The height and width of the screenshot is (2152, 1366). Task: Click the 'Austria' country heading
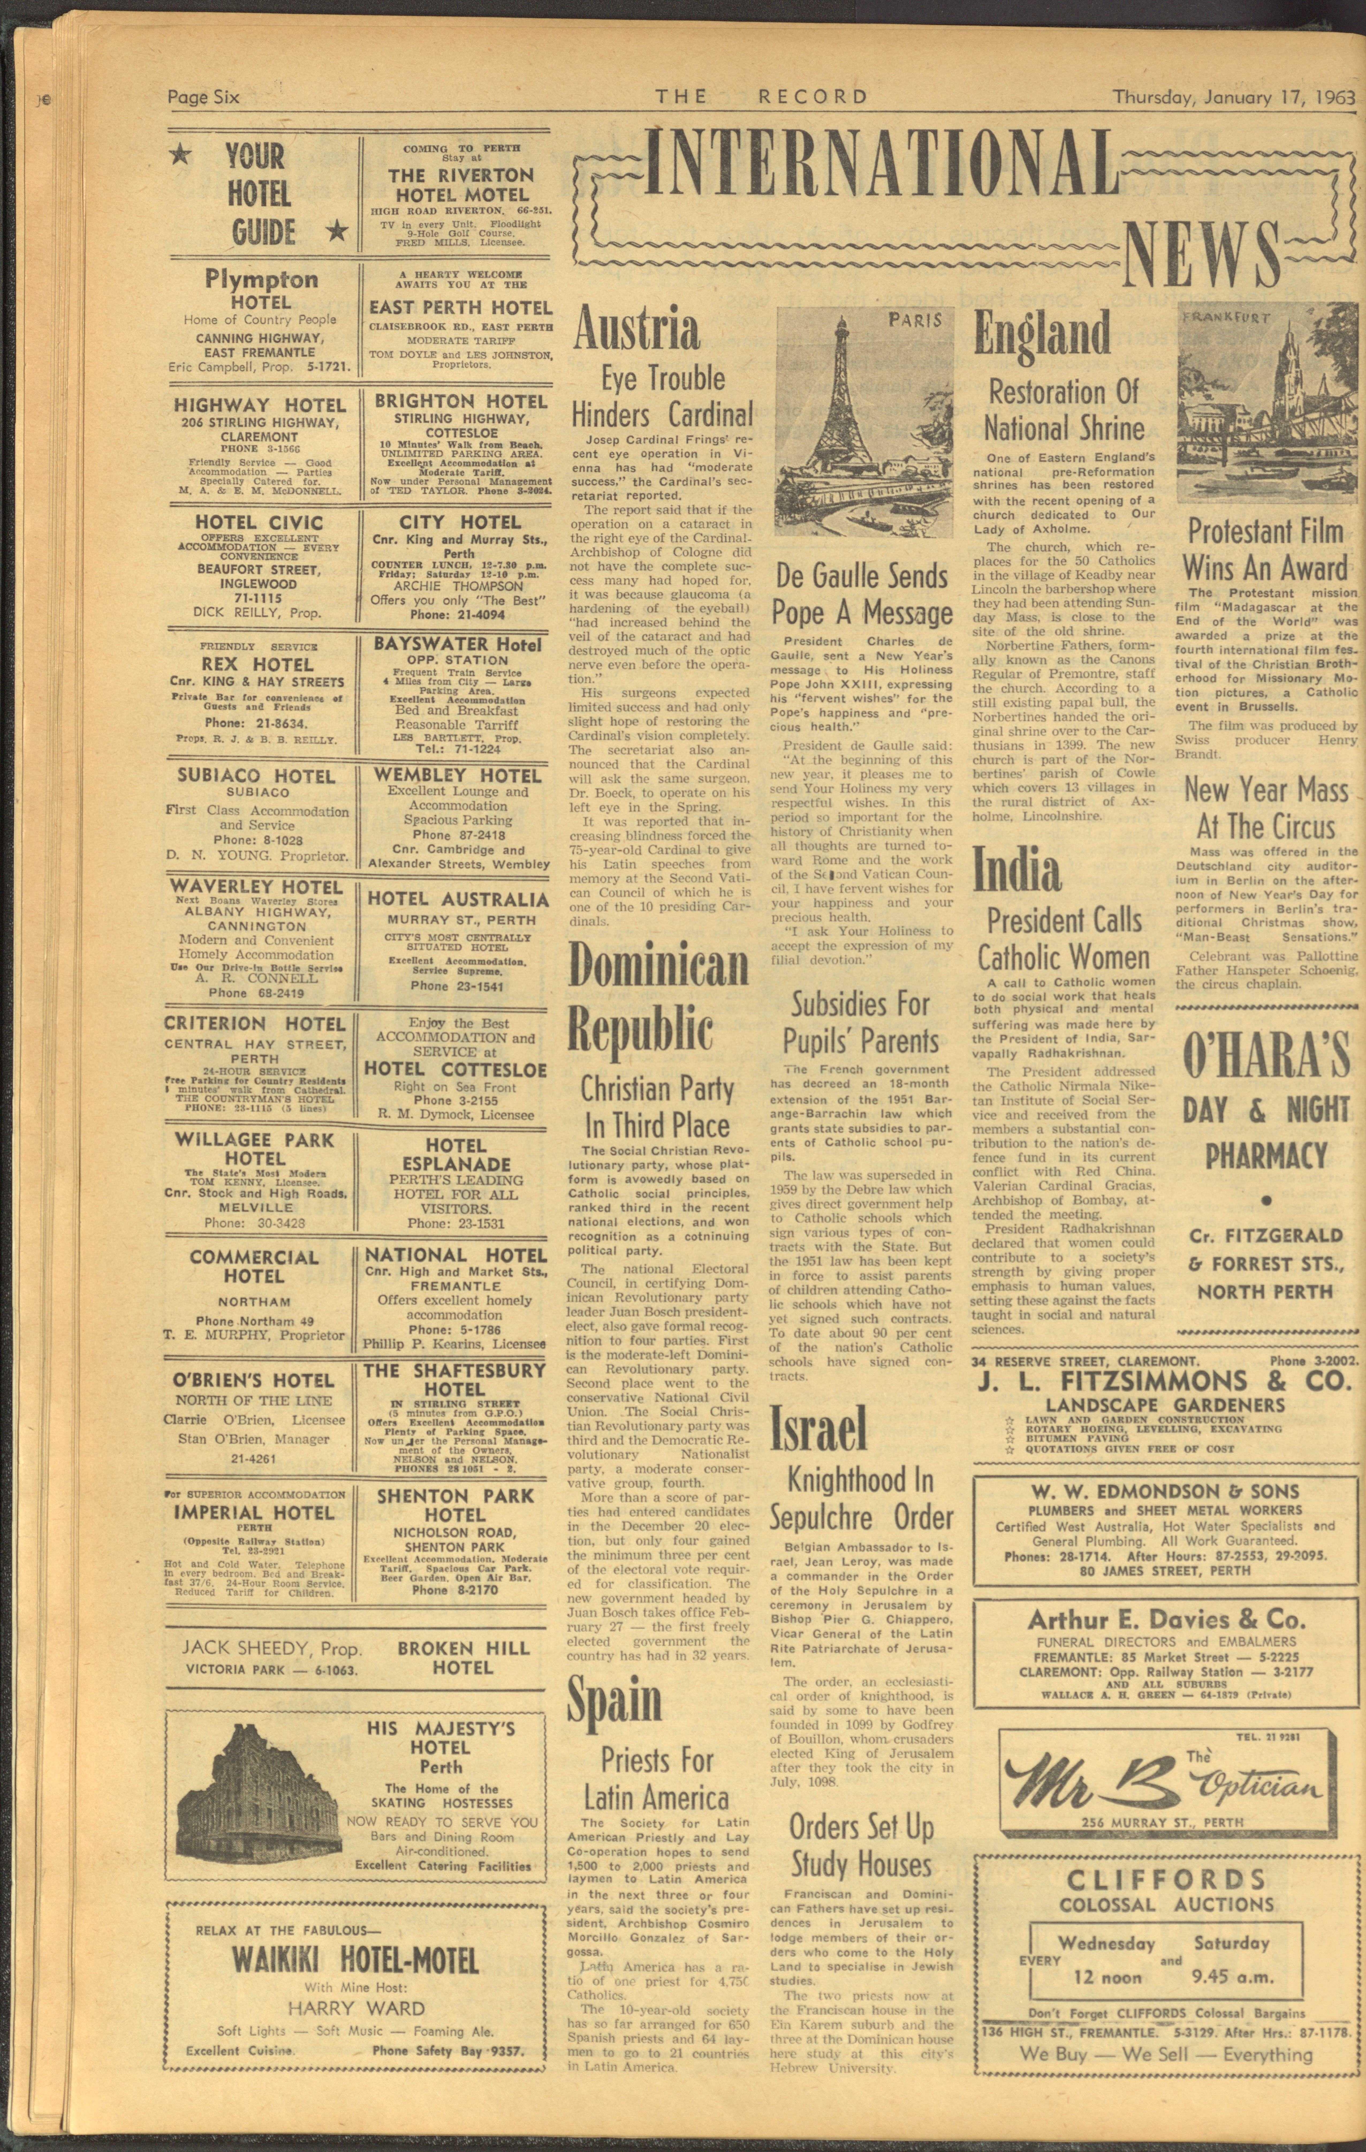636,329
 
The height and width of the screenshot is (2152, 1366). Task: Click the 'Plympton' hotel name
261,280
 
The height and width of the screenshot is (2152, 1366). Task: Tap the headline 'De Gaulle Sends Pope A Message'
862,594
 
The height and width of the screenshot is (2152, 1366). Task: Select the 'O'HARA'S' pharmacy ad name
1265,1056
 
